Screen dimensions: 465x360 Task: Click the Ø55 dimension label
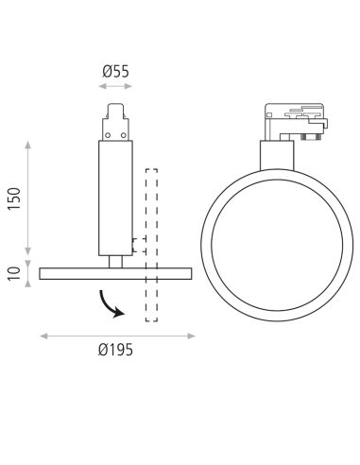tap(115, 70)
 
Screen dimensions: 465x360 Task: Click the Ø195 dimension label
tap(115, 351)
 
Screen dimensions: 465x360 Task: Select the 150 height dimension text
tap(13, 199)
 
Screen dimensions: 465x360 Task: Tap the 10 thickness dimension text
tap(13, 273)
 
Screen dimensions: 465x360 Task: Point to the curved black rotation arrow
tap(111, 302)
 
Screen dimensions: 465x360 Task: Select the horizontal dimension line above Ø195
tap(115, 333)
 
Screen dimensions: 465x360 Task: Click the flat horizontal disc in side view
tap(115, 273)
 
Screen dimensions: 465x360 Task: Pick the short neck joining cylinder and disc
tap(115, 261)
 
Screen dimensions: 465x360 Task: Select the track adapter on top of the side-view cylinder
tap(115, 124)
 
